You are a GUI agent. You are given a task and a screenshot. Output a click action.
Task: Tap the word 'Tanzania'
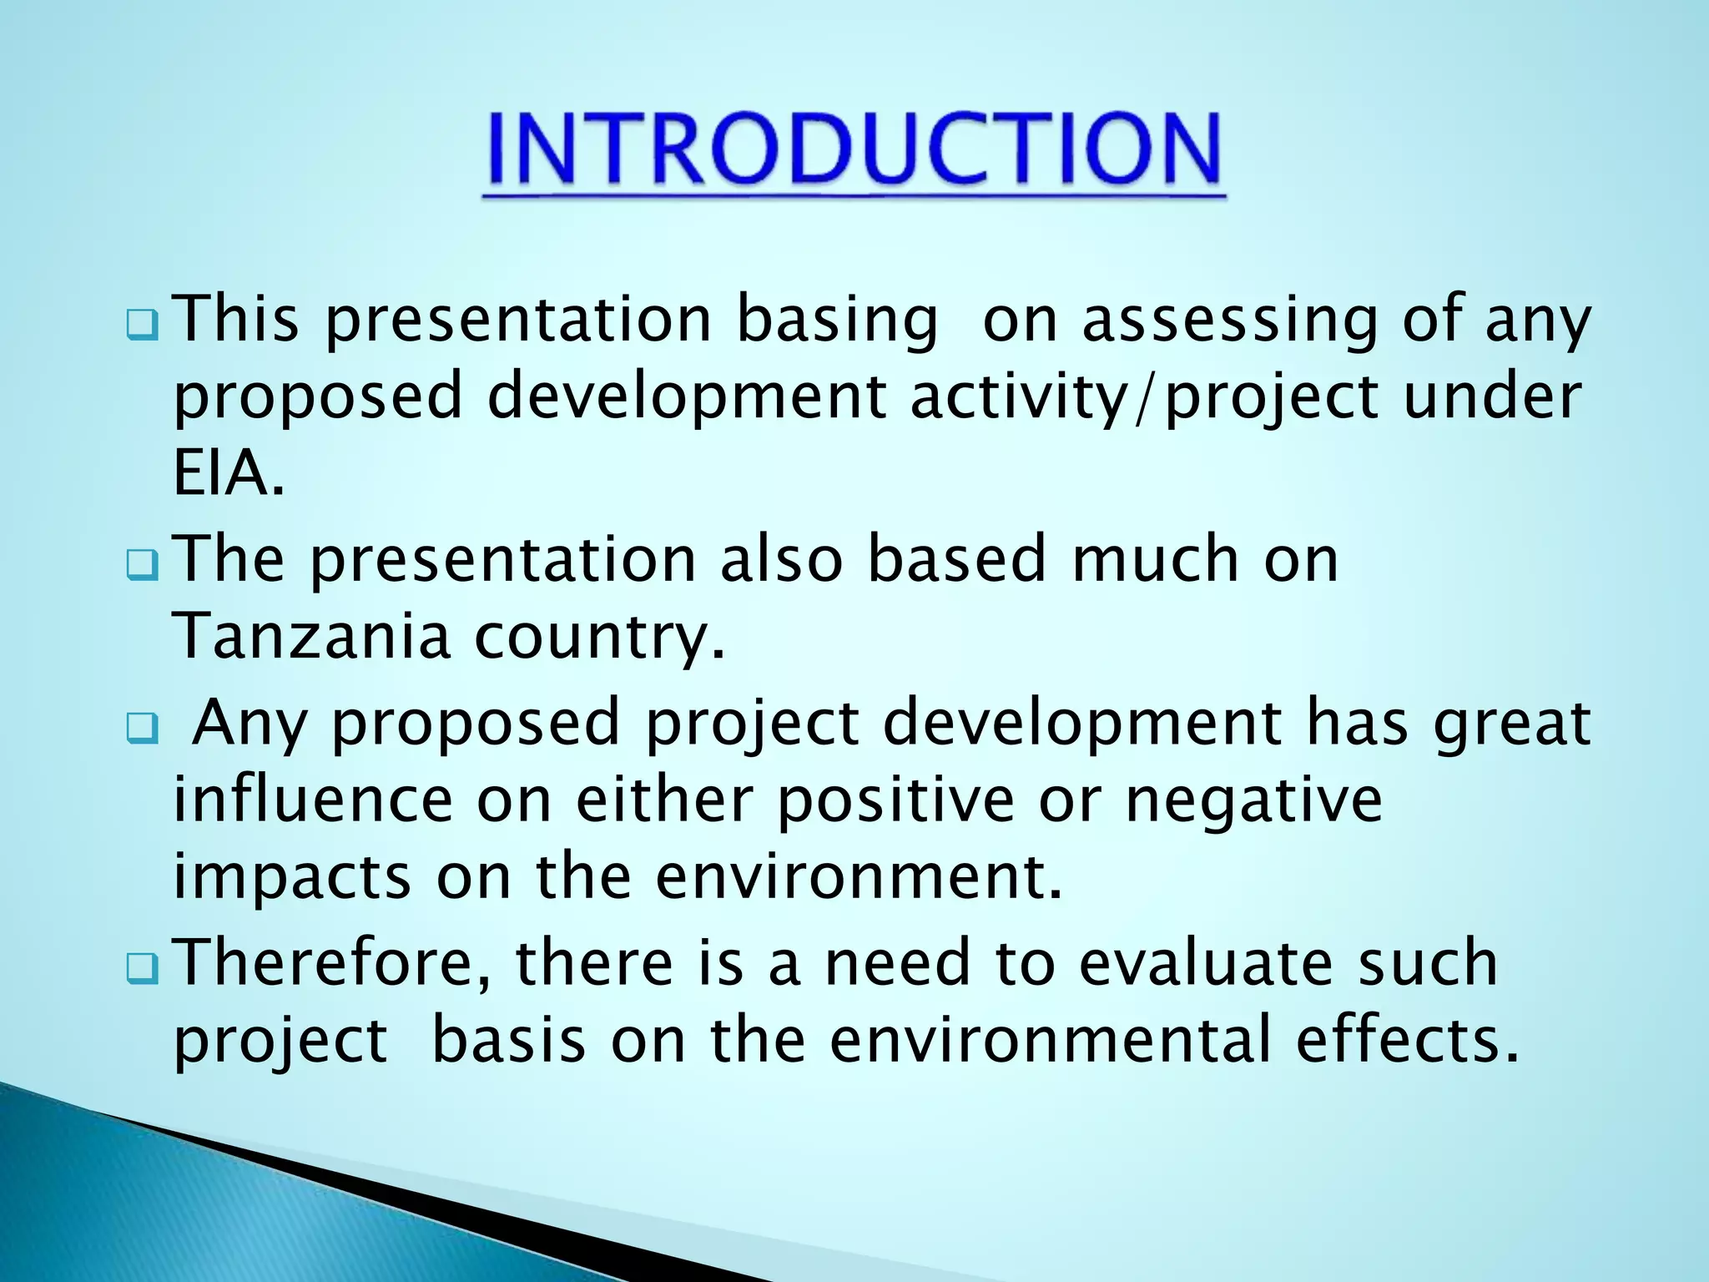point(311,635)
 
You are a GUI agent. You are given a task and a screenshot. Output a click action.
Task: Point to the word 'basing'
point(837,321)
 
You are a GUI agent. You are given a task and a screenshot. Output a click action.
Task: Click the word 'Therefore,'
point(335,962)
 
